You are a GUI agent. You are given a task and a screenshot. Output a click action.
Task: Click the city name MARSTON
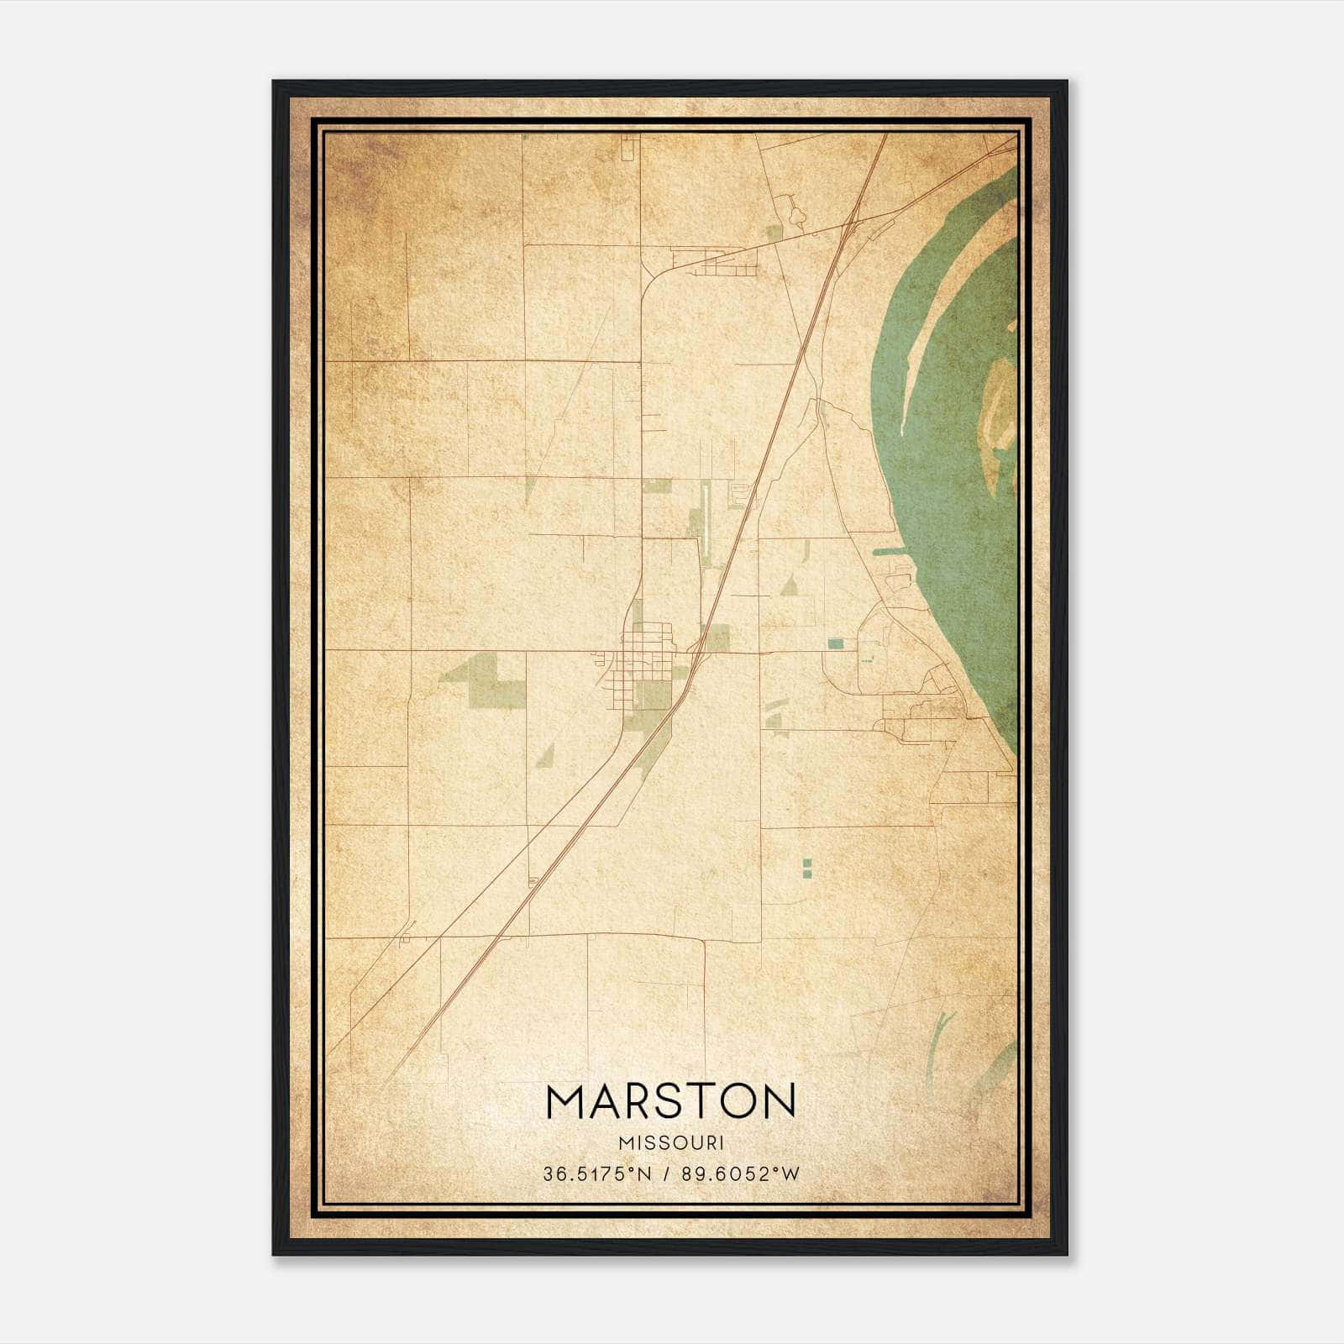[x=670, y=1101]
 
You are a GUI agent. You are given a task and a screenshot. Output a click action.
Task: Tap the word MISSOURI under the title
[x=670, y=1143]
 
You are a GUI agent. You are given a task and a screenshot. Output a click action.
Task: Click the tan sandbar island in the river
[x=999, y=403]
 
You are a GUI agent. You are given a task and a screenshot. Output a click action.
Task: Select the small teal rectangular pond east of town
[x=835, y=643]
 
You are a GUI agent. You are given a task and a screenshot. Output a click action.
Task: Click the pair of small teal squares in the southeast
[x=807, y=868]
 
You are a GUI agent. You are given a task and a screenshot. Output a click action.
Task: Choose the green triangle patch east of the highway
[x=789, y=586]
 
